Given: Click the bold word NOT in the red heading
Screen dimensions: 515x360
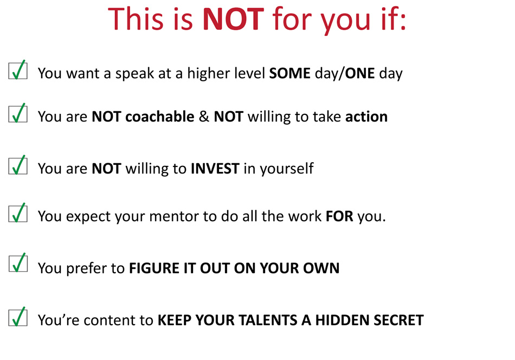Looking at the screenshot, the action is [x=233, y=19].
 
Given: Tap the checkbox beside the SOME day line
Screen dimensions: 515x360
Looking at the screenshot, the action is [x=18, y=70].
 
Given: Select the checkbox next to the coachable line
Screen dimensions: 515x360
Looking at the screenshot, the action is [x=18, y=113].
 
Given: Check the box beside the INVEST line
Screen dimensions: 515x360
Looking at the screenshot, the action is [x=18, y=165].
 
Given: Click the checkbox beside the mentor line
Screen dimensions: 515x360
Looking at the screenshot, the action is [x=18, y=213].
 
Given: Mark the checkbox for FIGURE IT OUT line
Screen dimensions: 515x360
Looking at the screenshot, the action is [x=18, y=263].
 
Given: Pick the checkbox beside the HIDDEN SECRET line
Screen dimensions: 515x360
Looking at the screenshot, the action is [x=18, y=317].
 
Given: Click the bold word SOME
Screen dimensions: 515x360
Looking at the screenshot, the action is [x=289, y=73].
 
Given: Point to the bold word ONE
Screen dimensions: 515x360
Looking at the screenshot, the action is [x=359, y=73].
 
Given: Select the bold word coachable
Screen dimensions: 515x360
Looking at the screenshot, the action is [x=159, y=117].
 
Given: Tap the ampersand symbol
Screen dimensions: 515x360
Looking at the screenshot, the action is [x=204, y=117].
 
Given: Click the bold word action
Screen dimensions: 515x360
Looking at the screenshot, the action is [x=366, y=117].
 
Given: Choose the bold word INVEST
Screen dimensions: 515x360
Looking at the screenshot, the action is [x=215, y=169].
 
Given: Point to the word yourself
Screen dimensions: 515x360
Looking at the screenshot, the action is [x=287, y=169].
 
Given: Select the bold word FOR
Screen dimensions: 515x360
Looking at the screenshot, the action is [x=339, y=216].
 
